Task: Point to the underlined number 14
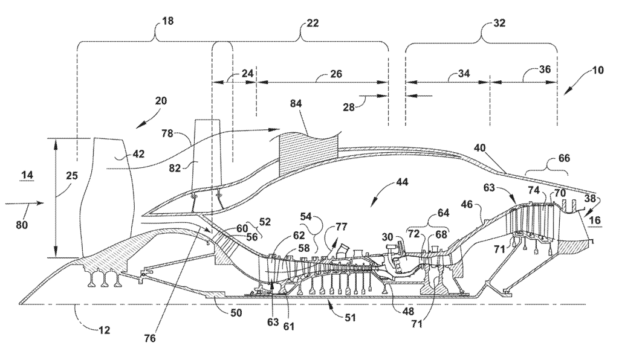(x=27, y=175)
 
